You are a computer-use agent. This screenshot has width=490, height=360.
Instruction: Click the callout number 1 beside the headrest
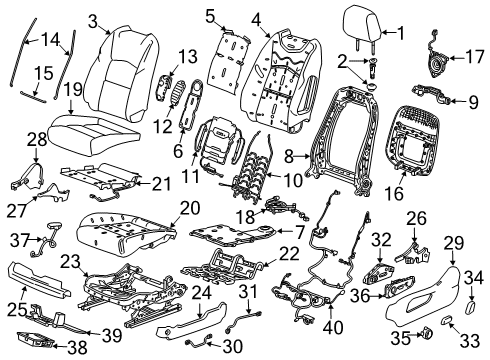point(401,33)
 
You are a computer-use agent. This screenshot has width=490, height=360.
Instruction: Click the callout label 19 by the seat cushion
point(73,93)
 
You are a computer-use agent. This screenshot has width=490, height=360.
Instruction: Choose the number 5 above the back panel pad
point(209,16)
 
